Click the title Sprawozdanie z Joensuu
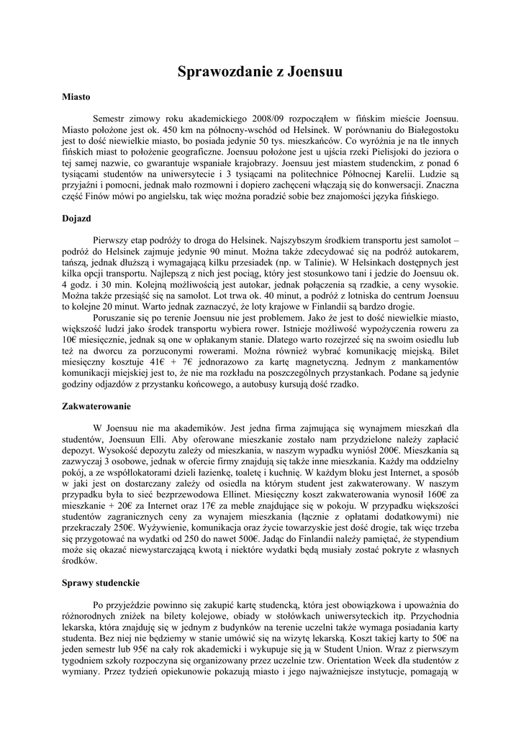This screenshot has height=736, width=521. click(x=260, y=72)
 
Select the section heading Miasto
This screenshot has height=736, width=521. click(x=76, y=96)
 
